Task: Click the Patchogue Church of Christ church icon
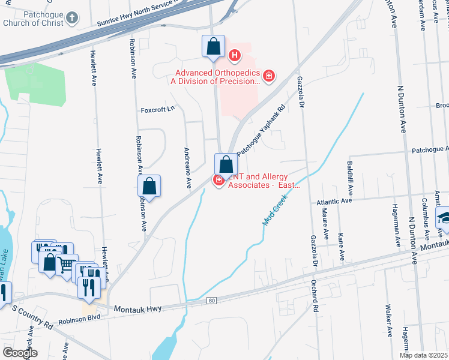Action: coord(71,18)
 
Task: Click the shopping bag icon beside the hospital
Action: coord(214,46)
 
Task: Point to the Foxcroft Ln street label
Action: coord(157,109)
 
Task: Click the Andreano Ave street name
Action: coord(188,166)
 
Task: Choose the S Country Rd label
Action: coord(32,316)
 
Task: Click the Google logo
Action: coord(19,353)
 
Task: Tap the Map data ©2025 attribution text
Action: coord(424,355)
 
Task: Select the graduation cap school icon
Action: coord(443,217)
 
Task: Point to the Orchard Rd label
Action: coord(313,296)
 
